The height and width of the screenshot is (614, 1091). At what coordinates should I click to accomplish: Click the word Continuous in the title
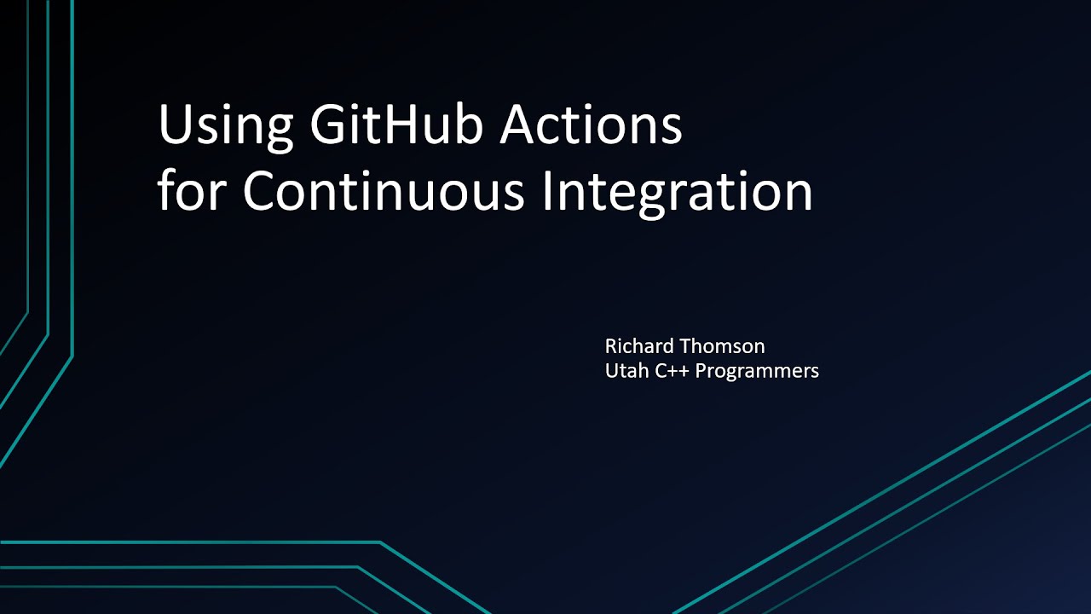(383, 192)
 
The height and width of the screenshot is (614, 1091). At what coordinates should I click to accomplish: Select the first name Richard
(638, 345)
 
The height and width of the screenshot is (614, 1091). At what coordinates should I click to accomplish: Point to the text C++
(672, 370)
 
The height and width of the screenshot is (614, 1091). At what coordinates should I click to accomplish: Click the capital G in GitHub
(330, 125)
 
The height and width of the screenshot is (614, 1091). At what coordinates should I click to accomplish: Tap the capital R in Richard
(611, 345)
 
